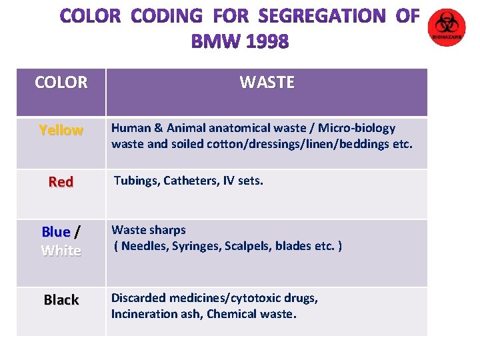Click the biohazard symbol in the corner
[447, 27]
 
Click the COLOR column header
[61, 83]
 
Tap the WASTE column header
[267, 83]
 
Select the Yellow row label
[61, 131]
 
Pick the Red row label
[61, 182]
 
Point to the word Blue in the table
[56, 232]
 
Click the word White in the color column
[61, 251]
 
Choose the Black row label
[61, 300]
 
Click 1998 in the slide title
[267, 42]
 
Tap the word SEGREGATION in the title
[322, 16]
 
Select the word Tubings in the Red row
[135, 180]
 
